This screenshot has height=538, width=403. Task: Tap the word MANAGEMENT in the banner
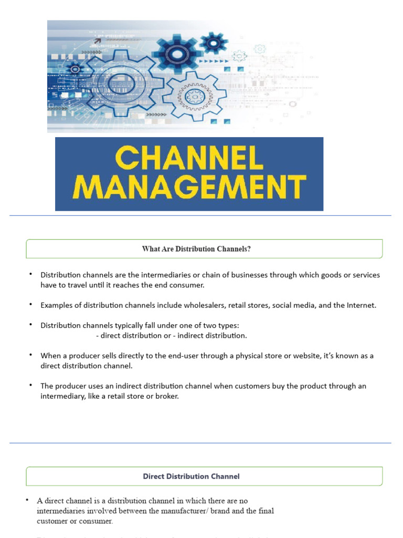(189, 187)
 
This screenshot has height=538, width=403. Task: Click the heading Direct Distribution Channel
(191, 477)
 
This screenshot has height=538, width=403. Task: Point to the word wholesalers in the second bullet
(200, 305)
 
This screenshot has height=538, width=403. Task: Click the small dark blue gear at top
(214, 42)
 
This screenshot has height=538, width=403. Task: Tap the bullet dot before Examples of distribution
(30, 305)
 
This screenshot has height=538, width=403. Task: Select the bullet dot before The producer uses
(30, 385)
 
